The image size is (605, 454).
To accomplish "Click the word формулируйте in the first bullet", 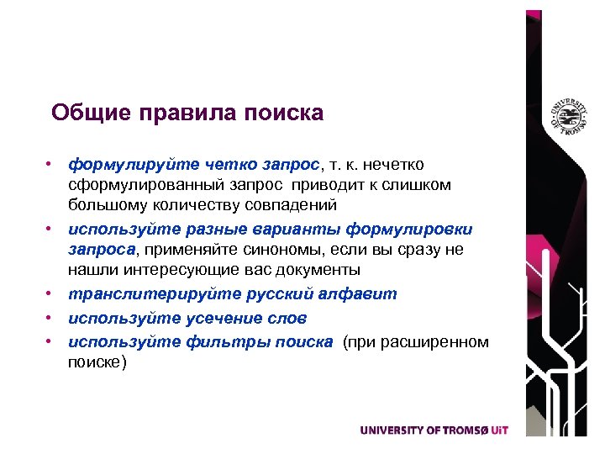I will point(124,162).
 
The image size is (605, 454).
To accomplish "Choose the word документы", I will point(313,271).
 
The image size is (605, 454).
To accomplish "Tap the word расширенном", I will point(437,341).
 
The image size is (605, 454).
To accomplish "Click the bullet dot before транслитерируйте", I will point(51,293).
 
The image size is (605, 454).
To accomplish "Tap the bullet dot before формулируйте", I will point(51,161).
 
